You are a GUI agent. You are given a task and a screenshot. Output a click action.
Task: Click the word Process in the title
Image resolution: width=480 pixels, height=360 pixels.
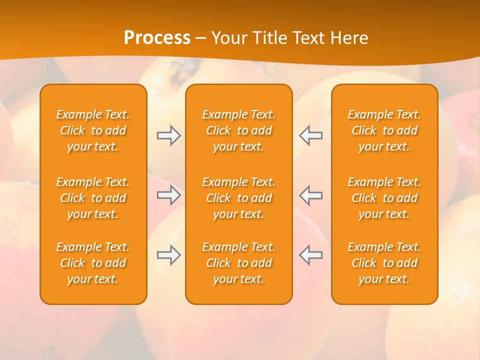click(x=157, y=38)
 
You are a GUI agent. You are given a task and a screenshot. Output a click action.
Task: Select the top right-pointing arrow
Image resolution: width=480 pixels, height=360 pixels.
click(x=169, y=135)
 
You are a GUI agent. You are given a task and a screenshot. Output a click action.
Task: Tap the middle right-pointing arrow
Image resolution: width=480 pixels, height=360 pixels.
click(x=169, y=195)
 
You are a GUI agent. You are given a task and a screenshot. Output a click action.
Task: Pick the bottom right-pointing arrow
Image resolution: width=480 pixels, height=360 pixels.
click(x=169, y=255)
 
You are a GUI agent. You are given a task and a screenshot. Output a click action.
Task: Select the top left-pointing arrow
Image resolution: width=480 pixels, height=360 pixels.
click(x=310, y=135)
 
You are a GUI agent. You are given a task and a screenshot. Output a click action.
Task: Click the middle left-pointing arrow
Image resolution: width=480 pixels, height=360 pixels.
click(x=310, y=195)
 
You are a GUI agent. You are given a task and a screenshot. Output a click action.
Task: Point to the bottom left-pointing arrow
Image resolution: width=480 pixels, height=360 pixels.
click(x=310, y=255)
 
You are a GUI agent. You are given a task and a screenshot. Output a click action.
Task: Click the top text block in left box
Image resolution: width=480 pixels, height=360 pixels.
click(x=93, y=130)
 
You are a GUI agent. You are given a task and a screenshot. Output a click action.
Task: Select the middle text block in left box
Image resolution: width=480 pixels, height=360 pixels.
click(x=93, y=198)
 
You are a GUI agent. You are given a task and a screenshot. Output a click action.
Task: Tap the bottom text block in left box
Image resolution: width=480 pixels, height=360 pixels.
click(x=93, y=263)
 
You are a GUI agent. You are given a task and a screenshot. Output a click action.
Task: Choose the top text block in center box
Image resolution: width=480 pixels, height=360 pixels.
click(x=239, y=130)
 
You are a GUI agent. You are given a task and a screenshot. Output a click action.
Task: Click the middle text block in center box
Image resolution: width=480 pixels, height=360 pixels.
click(x=239, y=198)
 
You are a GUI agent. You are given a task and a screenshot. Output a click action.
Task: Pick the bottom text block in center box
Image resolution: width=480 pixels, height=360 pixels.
click(x=239, y=263)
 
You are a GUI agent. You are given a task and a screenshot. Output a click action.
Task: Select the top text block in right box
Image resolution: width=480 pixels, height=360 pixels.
click(x=384, y=130)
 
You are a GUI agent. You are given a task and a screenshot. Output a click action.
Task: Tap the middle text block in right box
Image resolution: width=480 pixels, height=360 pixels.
click(x=384, y=198)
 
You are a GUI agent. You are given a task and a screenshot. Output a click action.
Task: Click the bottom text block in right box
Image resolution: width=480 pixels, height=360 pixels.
click(x=384, y=263)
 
